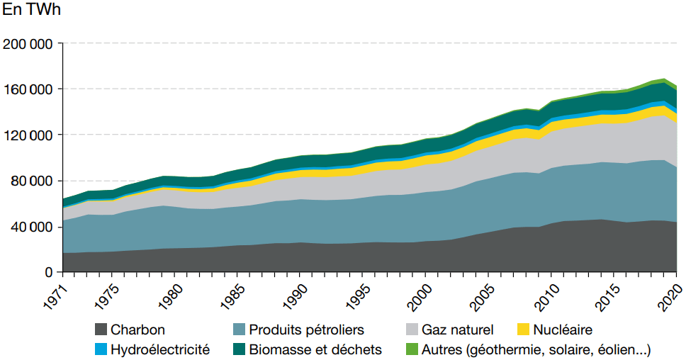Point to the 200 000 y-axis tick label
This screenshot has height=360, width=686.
click(x=28, y=44)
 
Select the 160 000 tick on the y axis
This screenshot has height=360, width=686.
click(x=28, y=89)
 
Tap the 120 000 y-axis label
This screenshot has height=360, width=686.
click(x=28, y=135)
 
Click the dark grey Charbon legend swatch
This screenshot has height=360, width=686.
click(x=101, y=330)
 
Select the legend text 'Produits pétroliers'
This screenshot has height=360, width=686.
click(x=308, y=330)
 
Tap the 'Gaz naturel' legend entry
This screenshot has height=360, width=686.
click(x=457, y=330)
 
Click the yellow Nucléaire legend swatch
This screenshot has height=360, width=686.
click(x=524, y=330)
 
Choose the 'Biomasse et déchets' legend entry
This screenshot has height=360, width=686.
click(x=327, y=349)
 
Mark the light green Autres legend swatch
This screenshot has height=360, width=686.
click(x=411, y=349)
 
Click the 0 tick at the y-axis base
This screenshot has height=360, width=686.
click(x=48, y=272)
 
